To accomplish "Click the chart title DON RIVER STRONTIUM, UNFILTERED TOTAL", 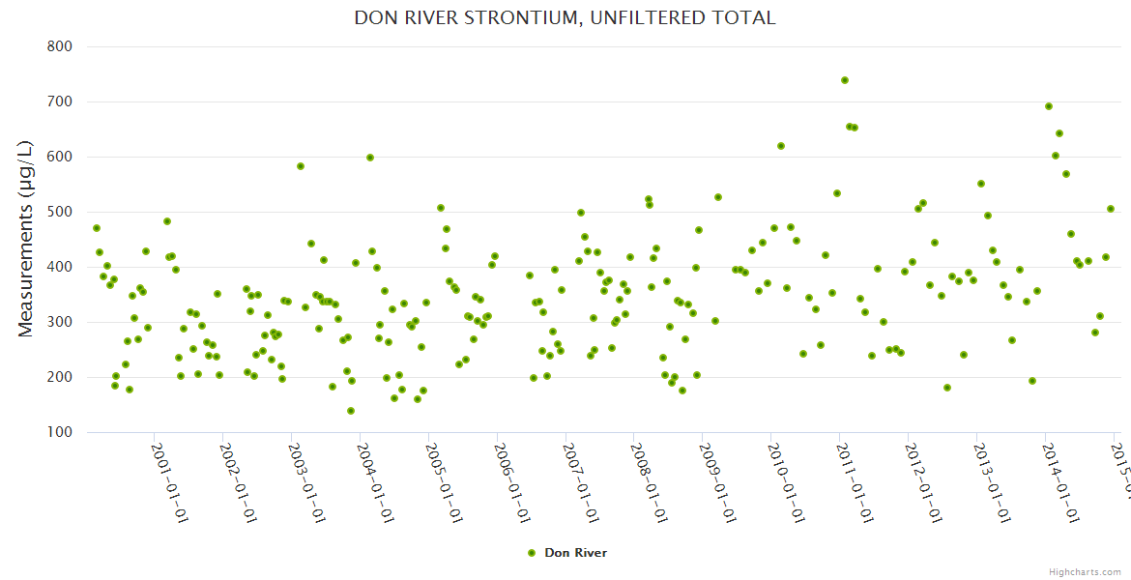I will tap(565, 17).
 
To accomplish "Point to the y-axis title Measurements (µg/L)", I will tap(26, 239).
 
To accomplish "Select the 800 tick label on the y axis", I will tap(60, 46).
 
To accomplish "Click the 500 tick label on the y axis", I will tap(60, 212).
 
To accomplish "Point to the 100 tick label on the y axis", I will tap(60, 432).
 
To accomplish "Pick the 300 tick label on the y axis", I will tap(60, 322).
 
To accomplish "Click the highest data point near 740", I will tap(845, 80).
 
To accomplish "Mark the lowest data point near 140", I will tap(351, 411).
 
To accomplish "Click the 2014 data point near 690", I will tap(1049, 106).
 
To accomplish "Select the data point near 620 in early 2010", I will tap(781, 146).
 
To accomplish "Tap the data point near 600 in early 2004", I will tap(370, 158).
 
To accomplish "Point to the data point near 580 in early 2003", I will tap(301, 166).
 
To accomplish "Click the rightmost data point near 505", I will tap(1111, 209).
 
